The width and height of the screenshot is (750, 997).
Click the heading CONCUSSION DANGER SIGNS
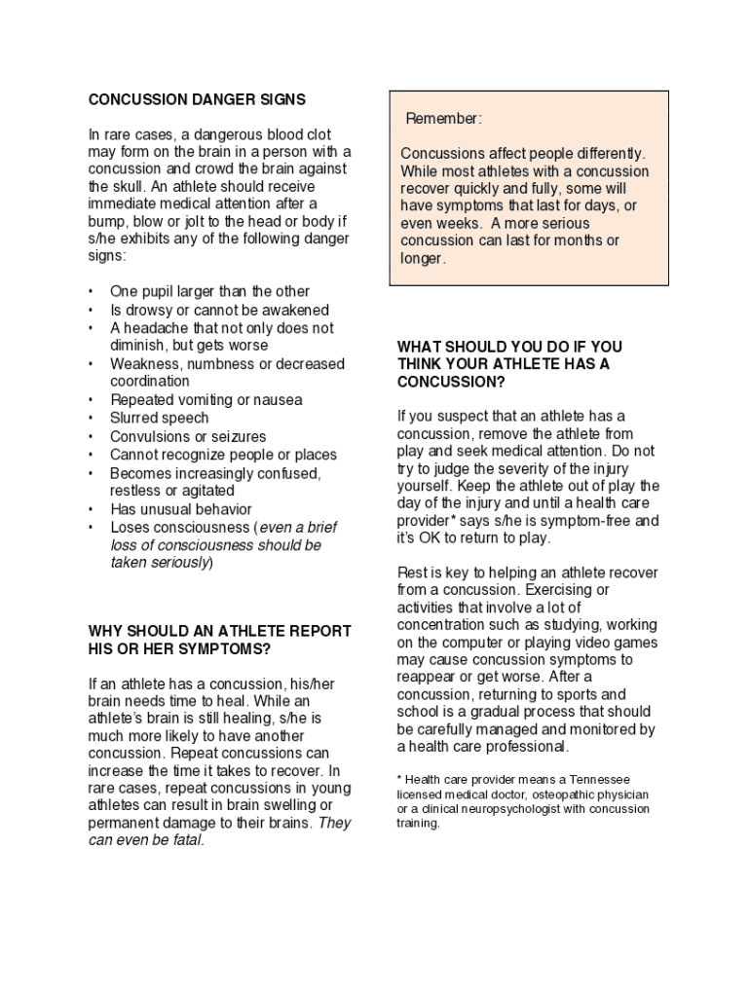click(x=197, y=99)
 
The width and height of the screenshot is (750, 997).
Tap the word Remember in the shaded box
click(x=443, y=119)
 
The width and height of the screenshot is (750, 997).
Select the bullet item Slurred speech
click(x=159, y=419)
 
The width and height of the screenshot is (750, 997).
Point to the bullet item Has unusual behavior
click(x=180, y=509)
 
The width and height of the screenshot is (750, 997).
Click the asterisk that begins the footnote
click(x=399, y=779)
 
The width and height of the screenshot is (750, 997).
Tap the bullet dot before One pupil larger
click(x=91, y=292)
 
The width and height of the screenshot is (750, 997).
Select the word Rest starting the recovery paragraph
click(x=411, y=572)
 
